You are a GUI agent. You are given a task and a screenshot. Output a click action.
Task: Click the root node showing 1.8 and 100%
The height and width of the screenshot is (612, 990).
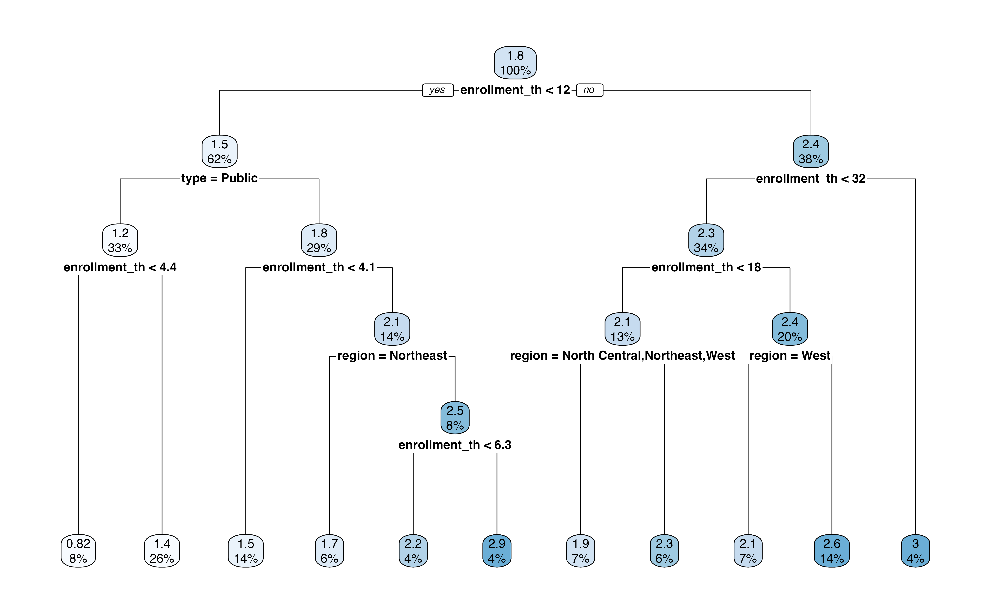click(515, 63)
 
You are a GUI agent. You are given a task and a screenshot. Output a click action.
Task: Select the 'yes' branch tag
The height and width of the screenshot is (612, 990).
click(437, 90)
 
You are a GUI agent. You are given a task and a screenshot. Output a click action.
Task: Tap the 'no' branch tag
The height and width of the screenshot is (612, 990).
click(589, 90)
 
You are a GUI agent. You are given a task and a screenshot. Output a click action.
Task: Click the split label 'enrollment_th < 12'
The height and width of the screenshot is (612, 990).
click(515, 90)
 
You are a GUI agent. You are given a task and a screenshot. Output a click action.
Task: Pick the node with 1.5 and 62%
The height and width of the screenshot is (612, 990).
click(220, 151)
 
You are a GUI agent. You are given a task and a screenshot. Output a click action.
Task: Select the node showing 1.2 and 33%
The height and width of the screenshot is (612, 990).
click(120, 240)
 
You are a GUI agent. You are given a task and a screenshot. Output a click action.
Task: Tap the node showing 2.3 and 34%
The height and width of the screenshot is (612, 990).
click(706, 240)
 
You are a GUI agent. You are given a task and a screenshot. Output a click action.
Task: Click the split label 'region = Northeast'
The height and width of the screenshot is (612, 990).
click(392, 356)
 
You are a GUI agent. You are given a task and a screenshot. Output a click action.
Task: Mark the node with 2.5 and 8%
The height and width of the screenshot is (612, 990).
click(455, 418)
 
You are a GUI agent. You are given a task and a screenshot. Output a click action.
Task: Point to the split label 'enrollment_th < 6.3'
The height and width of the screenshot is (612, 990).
click(455, 445)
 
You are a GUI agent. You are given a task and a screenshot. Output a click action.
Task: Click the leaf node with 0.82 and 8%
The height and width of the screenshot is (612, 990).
click(78, 551)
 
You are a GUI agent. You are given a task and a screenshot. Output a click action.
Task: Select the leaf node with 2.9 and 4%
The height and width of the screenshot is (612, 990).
click(497, 551)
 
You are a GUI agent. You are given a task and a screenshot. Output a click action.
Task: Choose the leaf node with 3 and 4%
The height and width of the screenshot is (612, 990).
click(915, 551)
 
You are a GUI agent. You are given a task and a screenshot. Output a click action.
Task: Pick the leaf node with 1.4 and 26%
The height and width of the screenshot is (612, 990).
click(162, 551)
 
